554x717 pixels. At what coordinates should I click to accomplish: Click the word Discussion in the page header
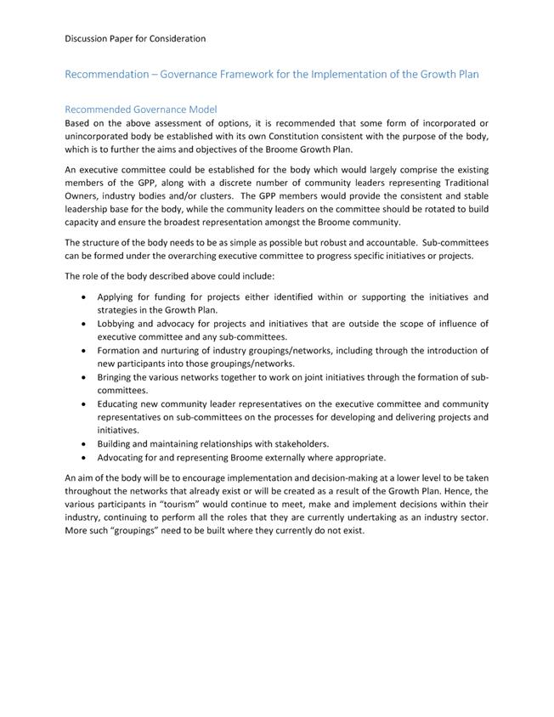[89, 38]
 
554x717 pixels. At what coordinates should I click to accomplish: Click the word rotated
[422, 209]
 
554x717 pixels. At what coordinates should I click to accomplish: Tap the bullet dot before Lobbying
[82, 324]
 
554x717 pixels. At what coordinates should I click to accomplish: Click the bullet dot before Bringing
[82, 377]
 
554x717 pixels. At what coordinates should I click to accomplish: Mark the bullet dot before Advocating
[82, 457]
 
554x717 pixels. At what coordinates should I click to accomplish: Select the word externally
[275, 457]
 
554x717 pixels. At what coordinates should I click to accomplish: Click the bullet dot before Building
[82, 443]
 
